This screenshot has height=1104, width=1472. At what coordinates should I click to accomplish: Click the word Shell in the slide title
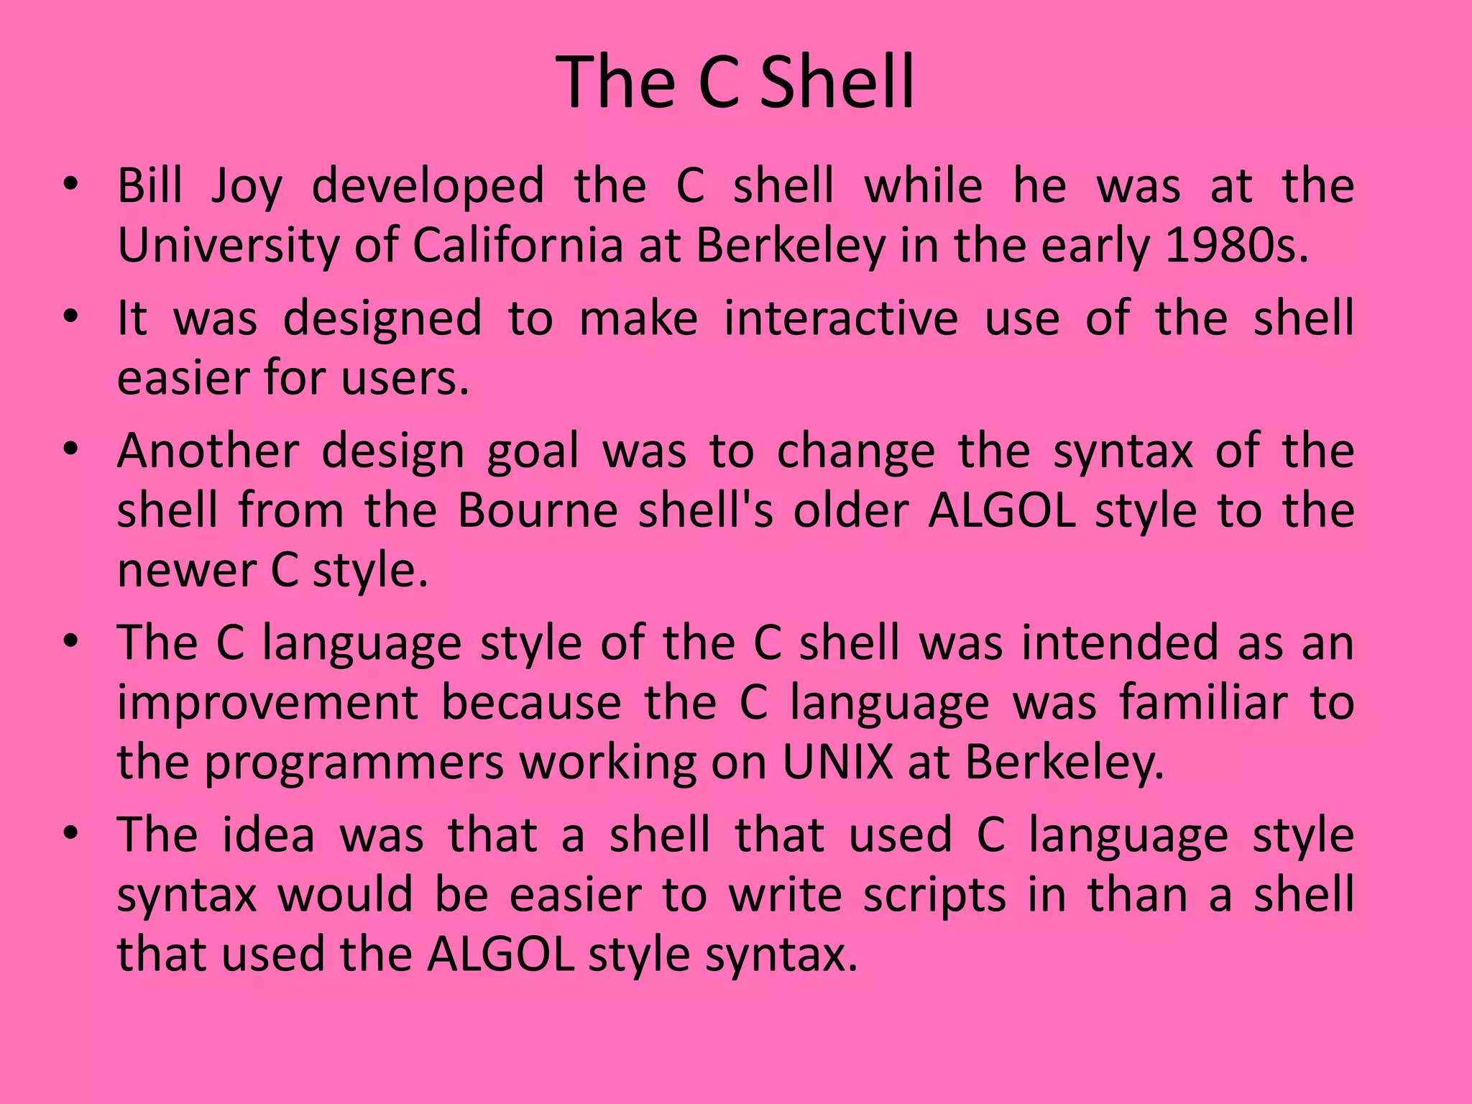837,82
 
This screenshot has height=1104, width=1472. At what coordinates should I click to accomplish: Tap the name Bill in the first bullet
149,185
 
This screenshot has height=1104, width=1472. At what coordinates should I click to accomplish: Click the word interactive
841,318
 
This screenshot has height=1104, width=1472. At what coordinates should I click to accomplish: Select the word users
405,378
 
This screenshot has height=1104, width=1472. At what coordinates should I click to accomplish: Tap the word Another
208,451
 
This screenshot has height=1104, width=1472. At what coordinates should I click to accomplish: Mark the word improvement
268,704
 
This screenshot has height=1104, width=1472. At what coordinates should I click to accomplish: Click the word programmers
354,763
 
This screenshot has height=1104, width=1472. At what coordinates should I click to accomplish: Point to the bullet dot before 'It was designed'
70,316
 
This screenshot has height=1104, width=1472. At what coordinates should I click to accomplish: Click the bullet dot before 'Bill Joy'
70,183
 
